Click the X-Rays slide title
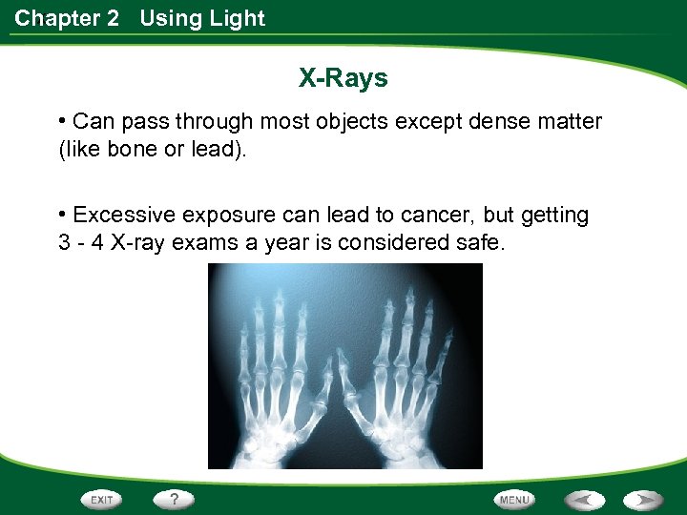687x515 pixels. [x=343, y=77]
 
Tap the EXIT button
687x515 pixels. [x=102, y=499]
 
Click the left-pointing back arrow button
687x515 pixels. [x=584, y=499]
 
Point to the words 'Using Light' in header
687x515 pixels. [x=202, y=18]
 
